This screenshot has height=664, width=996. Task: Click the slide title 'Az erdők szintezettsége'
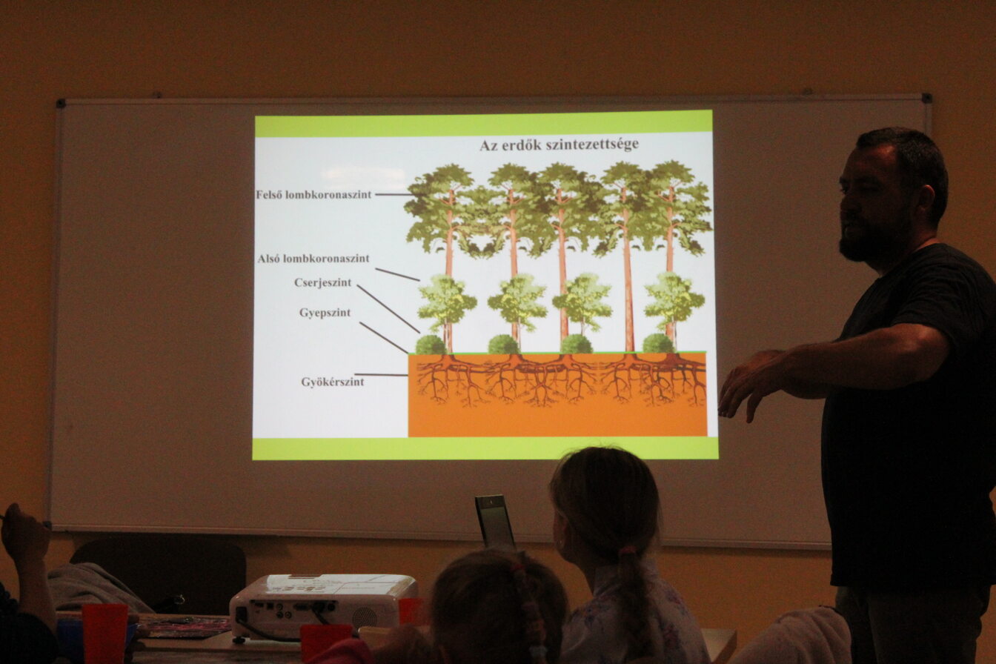[559, 145]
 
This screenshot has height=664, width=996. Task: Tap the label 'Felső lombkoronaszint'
[313, 195]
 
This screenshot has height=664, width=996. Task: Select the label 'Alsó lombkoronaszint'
[313, 259]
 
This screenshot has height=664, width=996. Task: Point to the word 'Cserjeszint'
[323, 283]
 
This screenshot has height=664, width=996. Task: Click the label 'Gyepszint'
[325, 313]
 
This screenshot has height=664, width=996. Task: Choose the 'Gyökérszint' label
[333, 382]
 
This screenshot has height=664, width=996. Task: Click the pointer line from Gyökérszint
[381, 375]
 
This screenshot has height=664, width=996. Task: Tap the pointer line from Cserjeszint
[388, 308]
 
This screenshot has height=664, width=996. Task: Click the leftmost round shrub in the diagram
[431, 345]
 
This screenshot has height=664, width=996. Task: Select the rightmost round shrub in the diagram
[658, 343]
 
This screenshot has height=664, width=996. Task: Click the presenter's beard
[871, 242]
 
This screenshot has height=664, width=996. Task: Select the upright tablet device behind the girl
[494, 521]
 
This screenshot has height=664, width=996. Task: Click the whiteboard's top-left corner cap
[61, 103]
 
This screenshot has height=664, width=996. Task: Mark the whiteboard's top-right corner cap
[926, 98]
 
